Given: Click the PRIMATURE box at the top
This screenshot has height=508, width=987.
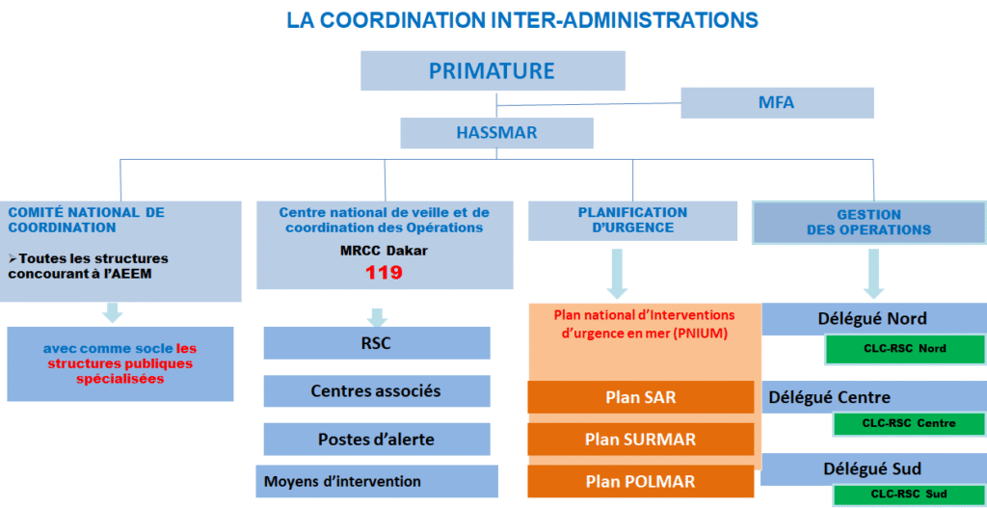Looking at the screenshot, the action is coord(493,70).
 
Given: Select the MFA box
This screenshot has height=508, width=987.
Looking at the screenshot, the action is coord(777,102).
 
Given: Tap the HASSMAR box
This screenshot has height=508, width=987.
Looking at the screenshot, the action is coord(496,133).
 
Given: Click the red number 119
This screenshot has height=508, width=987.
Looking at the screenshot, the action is coord(384,273).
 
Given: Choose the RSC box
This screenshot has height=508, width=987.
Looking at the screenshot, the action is coord(377,343).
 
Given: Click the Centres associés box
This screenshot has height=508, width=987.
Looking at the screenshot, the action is coord(377,391).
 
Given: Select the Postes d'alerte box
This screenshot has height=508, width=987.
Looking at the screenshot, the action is coord(377,439).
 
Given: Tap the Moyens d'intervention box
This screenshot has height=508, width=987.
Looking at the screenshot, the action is coord(377,482).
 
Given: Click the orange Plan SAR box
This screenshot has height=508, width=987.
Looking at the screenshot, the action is coord(641,397).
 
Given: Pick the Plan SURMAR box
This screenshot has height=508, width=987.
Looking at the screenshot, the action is coord(641,439).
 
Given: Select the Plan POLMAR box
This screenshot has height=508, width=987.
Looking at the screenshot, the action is coord(641,482).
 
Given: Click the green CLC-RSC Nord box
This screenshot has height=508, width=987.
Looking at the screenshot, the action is coord(904,349).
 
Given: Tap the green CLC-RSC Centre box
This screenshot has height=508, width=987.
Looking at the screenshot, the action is coord(909,423).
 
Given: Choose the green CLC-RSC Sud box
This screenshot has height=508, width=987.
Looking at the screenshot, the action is coord(909,495).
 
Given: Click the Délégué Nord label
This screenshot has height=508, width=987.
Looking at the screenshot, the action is coord(872,318).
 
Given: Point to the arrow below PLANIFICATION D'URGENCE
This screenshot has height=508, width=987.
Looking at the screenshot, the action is coord(618,274).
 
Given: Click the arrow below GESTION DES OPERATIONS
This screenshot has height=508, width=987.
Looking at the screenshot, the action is coord(873,274).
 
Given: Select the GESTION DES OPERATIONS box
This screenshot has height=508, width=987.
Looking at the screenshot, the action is coord(868,223).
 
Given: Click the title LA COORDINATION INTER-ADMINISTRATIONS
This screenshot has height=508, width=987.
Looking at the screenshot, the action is coord(522,19).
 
